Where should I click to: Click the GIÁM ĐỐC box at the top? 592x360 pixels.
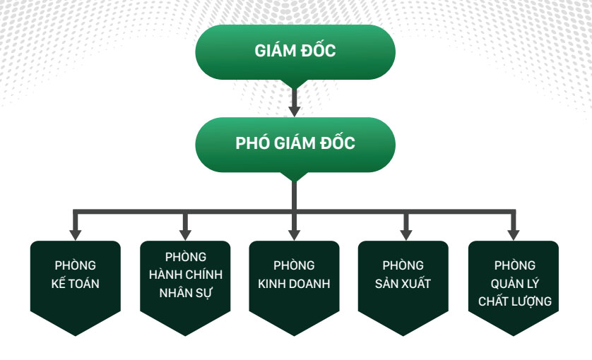(x=295, y=52)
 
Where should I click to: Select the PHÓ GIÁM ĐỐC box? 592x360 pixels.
(x=295, y=144)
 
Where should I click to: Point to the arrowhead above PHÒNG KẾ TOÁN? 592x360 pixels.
(x=76, y=234)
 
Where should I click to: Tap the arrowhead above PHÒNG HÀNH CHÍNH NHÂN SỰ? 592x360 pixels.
(x=186, y=234)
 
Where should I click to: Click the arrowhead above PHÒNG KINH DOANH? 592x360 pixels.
(x=295, y=234)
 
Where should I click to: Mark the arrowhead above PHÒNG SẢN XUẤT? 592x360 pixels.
(x=404, y=234)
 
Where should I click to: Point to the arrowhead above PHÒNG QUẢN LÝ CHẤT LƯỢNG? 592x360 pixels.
(x=514, y=234)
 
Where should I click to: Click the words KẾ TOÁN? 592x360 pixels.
(x=76, y=284)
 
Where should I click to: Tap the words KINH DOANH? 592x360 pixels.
(x=295, y=284)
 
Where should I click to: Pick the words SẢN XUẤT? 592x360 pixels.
(x=403, y=284)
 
